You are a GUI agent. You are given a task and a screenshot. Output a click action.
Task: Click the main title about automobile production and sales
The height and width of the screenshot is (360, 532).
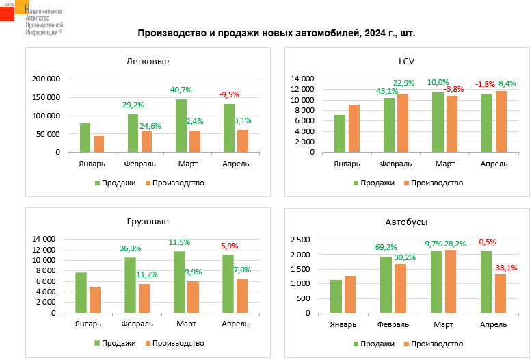pos(277,33)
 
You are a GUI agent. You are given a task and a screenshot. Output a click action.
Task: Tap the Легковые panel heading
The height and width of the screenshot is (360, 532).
pos(148,62)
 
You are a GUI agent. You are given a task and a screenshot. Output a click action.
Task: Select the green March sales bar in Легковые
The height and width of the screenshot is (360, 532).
pos(181,126)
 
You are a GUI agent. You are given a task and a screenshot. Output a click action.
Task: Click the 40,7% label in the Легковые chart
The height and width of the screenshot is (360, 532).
pos(181,90)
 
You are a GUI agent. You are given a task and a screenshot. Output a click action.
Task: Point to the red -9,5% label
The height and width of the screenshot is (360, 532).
pos(229,94)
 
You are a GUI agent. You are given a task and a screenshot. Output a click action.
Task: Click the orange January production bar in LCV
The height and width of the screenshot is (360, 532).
pos(354,129)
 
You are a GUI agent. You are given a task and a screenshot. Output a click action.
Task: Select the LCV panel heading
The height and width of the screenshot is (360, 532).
pos(407,62)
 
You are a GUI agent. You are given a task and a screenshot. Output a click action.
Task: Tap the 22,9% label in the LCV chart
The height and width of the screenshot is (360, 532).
pos(403,83)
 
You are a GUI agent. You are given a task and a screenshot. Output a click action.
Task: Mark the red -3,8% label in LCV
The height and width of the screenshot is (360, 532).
pos(453,89)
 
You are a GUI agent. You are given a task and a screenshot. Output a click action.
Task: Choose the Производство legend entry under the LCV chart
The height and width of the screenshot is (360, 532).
pos(434,183)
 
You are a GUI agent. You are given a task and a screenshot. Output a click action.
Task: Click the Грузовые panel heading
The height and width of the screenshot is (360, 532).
pos(148,222)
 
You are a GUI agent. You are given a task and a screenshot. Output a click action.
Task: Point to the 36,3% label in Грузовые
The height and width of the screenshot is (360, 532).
pos(130,248)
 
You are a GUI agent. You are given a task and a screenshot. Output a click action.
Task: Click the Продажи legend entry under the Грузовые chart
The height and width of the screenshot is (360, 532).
pos(115,343)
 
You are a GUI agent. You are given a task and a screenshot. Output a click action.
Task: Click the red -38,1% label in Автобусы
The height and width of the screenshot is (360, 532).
pos(507,268)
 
